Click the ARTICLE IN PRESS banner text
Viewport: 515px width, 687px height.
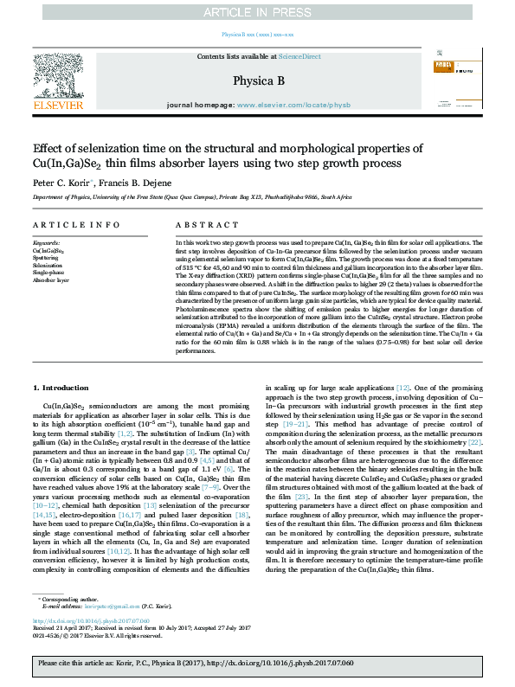coord(257,12)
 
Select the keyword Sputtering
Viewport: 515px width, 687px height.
coord(46,258)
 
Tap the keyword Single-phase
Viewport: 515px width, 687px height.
coord(48,273)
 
